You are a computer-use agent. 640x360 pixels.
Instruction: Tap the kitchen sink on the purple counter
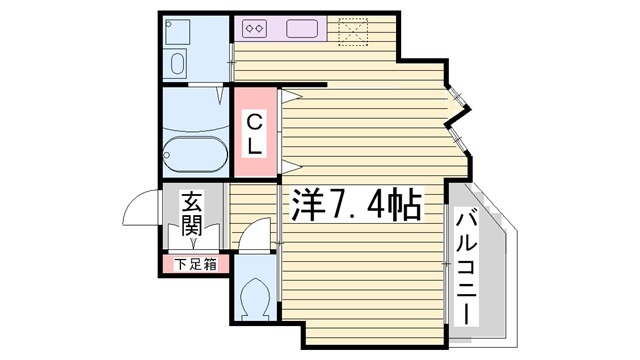pos(302,29)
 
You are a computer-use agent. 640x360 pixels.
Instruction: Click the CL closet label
pos(255,133)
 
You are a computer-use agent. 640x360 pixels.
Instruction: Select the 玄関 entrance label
pos(192,214)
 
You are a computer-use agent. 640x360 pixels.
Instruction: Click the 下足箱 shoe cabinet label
pos(195,265)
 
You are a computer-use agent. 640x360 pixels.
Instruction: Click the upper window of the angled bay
pos(457,96)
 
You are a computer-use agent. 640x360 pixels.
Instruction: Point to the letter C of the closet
pos(255,122)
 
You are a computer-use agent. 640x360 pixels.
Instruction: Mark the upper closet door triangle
pos(289,97)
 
